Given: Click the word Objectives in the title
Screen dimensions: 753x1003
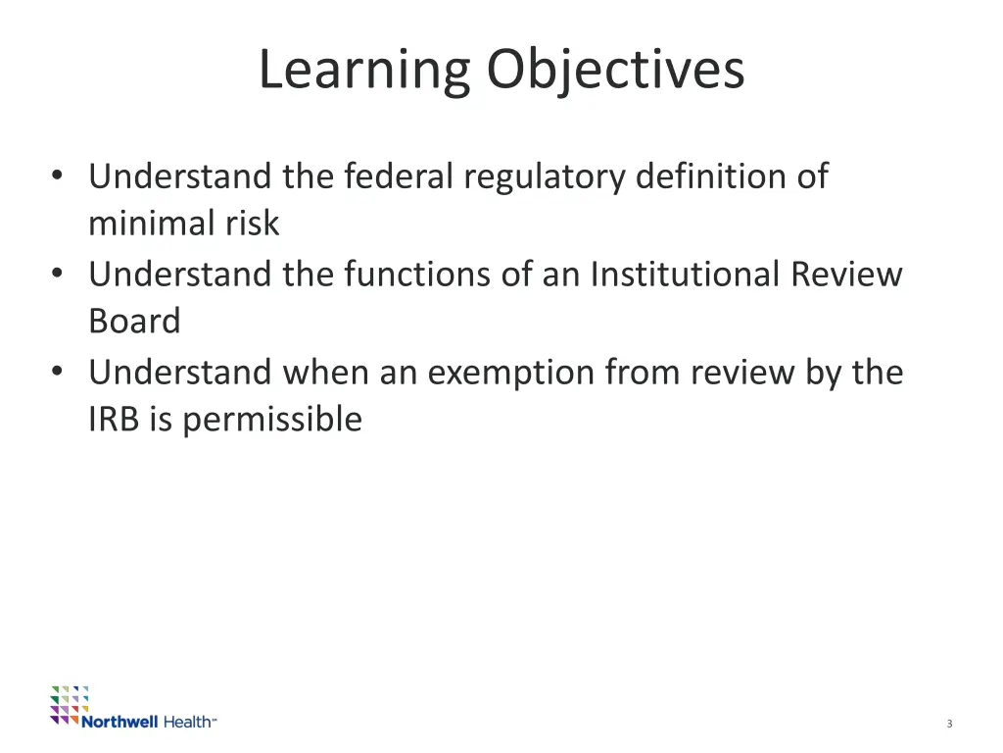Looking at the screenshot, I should (x=615, y=71).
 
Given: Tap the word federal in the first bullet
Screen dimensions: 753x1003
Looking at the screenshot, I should (x=399, y=176).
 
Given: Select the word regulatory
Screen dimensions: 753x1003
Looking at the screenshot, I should (x=545, y=178).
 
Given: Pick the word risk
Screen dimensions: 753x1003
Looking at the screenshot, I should (x=253, y=224).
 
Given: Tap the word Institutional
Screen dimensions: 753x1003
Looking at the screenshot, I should (x=686, y=274).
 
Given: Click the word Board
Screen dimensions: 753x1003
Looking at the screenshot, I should (x=134, y=322).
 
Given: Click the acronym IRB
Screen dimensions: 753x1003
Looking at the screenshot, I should (x=114, y=420).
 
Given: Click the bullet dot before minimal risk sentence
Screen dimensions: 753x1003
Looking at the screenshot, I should (x=58, y=176).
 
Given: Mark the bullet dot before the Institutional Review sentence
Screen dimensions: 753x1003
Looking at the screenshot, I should (x=58, y=274).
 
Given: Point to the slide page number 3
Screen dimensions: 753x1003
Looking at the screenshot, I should (x=949, y=724).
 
